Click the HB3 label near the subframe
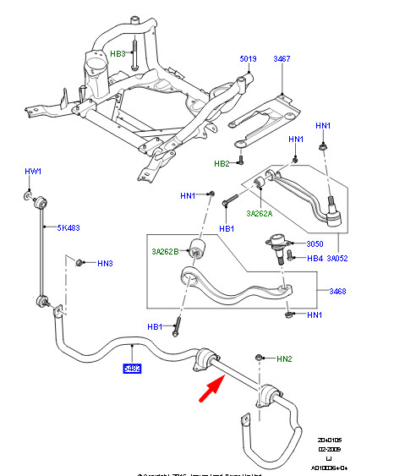(x=118, y=54)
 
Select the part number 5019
(x=248, y=59)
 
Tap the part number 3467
(x=282, y=59)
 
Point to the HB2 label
(x=222, y=163)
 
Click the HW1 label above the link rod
(x=33, y=172)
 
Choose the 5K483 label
(x=68, y=227)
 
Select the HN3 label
(x=105, y=264)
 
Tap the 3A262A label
(x=260, y=213)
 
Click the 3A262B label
(x=167, y=251)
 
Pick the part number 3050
(x=315, y=243)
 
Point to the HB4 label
(x=314, y=259)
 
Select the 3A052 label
(x=338, y=259)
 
